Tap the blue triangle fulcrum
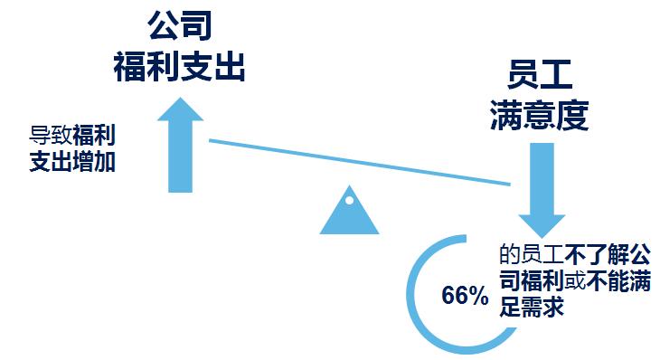[x=349, y=213]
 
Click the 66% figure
[x=465, y=296]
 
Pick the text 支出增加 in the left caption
[x=72, y=163]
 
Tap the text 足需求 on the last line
[x=532, y=306]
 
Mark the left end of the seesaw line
[x=211, y=140]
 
